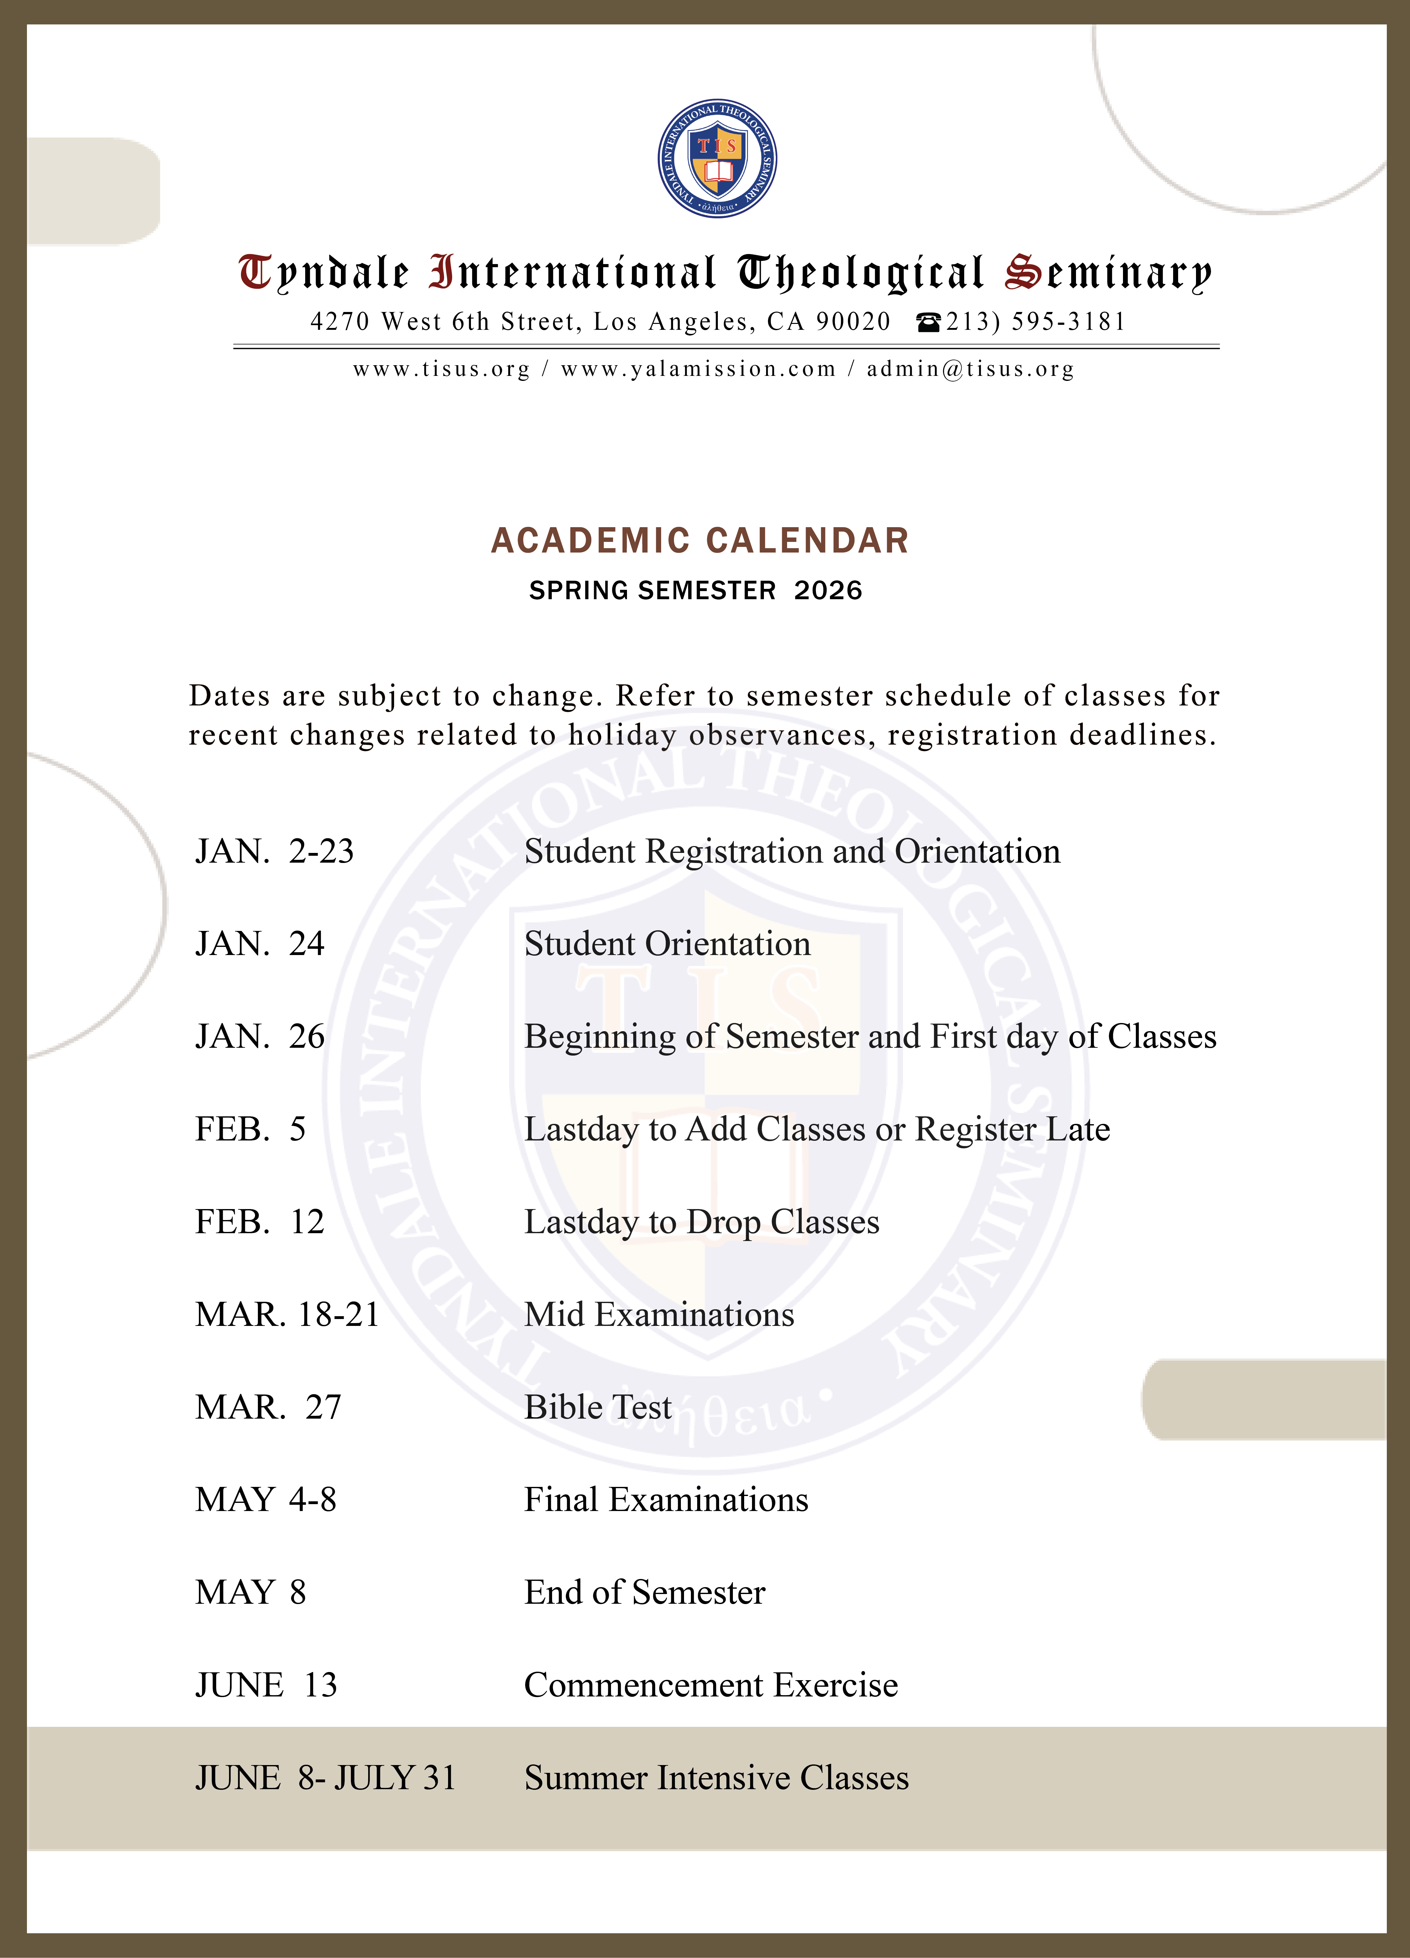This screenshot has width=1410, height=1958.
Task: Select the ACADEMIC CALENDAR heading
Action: [x=699, y=540]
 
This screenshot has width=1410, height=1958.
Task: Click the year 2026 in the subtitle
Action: [x=828, y=590]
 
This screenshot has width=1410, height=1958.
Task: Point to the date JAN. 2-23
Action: [x=274, y=851]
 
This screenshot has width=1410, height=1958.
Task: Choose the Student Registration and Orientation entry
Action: [x=792, y=851]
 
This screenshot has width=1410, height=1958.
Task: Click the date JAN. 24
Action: [x=260, y=943]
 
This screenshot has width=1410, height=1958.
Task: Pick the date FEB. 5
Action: [x=250, y=1129]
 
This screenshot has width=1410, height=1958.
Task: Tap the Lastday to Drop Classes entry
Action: [x=701, y=1222]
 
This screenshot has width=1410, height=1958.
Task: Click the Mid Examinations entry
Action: [x=659, y=1314]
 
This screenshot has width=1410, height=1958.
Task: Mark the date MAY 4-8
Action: [x=266, y=1499]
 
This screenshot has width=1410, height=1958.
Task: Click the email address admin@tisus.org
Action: [x=970, y=370]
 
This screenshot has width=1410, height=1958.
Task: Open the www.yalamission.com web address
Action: [x=698, y=370]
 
